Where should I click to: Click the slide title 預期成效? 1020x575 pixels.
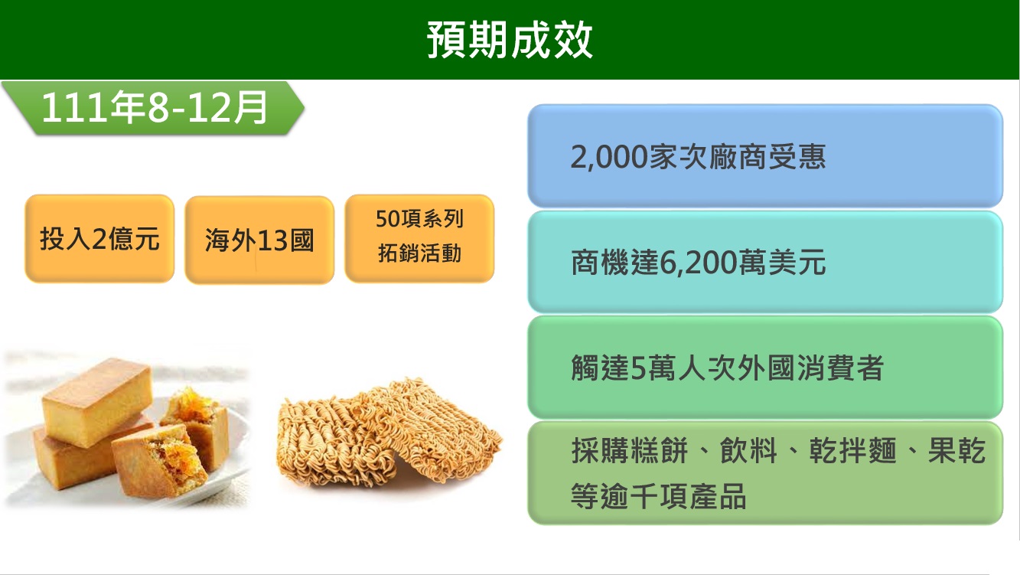point(510,40)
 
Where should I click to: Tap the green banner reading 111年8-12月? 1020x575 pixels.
point(153,108)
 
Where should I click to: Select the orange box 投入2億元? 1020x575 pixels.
point(99,238)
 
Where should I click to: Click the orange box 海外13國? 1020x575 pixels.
point(259,240)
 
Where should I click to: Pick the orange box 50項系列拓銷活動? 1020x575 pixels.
point(419,238)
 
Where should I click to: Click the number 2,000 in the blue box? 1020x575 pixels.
point(609,157)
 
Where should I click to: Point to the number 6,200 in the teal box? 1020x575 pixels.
point(699,263)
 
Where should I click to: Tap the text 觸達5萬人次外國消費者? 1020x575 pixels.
point(727,368)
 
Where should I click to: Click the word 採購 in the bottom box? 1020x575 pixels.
point(600,451)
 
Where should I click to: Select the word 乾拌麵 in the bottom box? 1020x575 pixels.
point(853,451)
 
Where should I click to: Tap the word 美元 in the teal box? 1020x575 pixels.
point(797,263)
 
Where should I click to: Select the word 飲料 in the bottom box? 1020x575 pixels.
point(748,451)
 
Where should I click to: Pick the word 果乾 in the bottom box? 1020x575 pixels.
point(956,451)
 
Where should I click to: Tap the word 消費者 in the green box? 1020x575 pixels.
point(841,368)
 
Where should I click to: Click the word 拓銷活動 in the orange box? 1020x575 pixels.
point(419,253)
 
